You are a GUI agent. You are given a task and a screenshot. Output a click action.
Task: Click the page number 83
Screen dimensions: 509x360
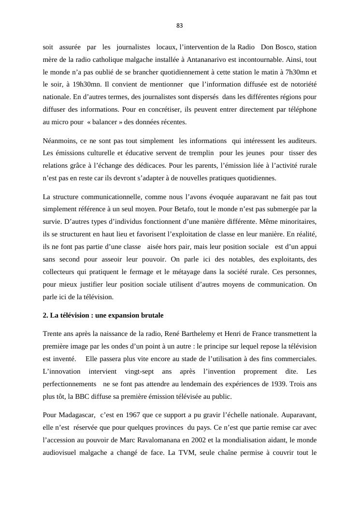[180, 26]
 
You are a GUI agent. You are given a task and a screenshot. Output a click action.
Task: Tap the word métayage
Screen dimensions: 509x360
[208, 272]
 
